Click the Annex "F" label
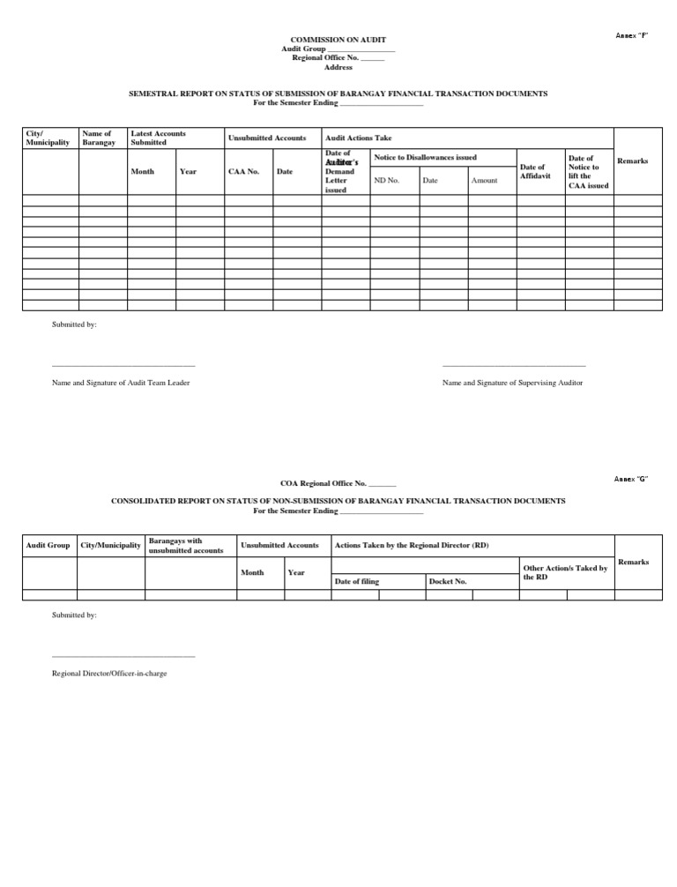click(x=631, y=34)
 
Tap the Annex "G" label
click(x=631, y=479)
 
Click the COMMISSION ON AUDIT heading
click(x=338, y=40)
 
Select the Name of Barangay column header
click(x=97, y=138)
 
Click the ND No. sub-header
click(x=386, y=180)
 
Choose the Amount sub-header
click(x=484, y=180)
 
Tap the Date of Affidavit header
click(x=532, y=171)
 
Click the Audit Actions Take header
click(x=358, y=138)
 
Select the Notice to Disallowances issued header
click(x=425, y=157)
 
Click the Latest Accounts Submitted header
click(x=159, y=138)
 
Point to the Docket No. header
click(x=448, y=581)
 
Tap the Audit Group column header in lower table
click(x=48, y=545)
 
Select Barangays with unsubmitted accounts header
click(x=186, y=545)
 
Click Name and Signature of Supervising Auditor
click(x=512, y=383)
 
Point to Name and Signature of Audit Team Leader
click(x=121, y=383)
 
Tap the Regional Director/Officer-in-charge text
click(x=109, y=673)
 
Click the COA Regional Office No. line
click(x=338, y=483)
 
